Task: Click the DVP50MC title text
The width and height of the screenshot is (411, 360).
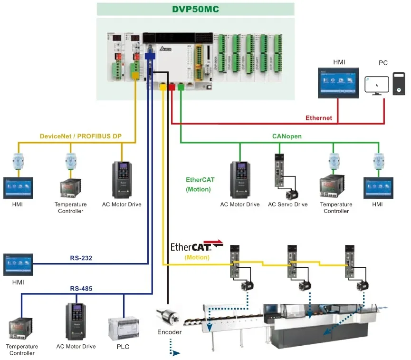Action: tap(195, 9)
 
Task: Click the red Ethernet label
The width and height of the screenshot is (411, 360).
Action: tap(319, 117)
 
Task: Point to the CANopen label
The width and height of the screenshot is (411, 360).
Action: tap(287, 136)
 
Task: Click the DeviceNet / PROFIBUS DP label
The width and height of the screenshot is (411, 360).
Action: tap(80, 136)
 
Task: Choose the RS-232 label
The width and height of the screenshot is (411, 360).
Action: tap(81, 258)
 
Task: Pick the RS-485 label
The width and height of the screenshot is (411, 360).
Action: tap(81, 288)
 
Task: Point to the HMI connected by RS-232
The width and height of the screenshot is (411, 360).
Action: tap(18, 265)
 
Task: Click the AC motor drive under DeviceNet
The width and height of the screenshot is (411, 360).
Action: tap(122, 179)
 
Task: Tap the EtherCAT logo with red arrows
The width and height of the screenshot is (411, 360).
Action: tap(197, 247)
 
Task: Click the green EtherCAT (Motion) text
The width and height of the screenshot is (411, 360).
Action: tap(200, 185)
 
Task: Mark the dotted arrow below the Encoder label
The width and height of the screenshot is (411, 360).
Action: tap(175, 353)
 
